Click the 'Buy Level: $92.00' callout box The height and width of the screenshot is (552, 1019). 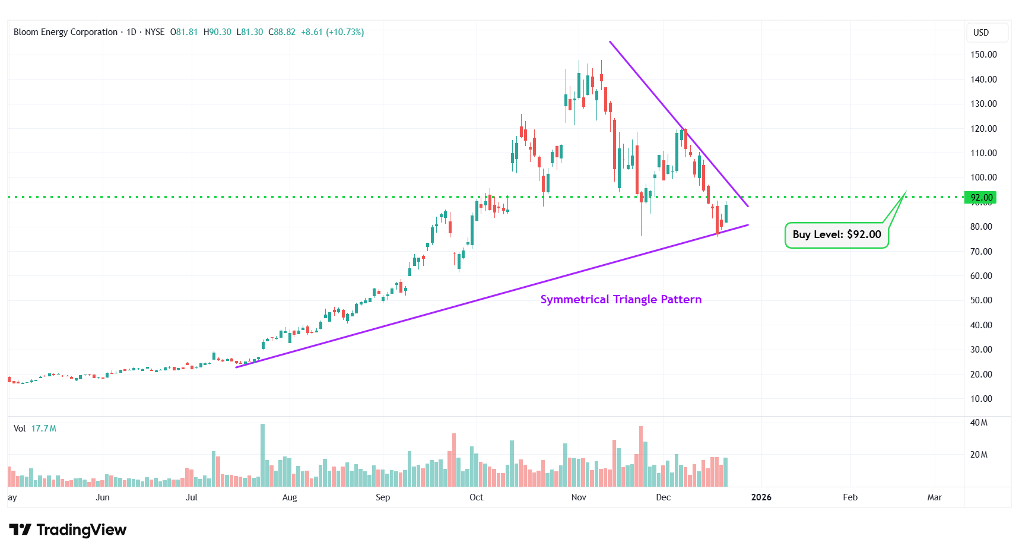(836, 235)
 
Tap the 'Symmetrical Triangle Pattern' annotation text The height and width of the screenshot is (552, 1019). (621, 300)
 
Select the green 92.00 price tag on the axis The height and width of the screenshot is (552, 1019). (980, 198)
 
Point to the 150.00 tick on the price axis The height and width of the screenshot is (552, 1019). (983, 55)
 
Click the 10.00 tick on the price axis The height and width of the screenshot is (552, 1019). (981, 399)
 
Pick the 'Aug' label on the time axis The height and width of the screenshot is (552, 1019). (290, 497)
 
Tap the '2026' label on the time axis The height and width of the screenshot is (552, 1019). (761, 497)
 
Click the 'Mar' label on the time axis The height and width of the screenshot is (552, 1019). (934, 497)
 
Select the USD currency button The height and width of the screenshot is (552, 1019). (981, 33)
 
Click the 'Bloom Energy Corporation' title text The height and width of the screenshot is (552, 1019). (65, 32)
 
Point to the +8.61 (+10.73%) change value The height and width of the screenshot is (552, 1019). (332, 32)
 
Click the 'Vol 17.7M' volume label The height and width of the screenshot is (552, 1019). (35, 429)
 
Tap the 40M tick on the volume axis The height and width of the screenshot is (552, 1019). (979, 423)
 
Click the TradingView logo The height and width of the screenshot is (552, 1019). (68, 529)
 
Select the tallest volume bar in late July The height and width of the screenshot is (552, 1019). (263, 455)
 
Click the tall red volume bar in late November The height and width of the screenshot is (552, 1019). (641, 456)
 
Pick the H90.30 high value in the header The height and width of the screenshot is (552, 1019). (217, 32)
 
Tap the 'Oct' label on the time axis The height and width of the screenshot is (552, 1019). (476, 497)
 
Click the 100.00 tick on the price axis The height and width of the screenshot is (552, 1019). (983, 177)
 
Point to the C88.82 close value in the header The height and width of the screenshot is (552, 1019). (282, 32)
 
